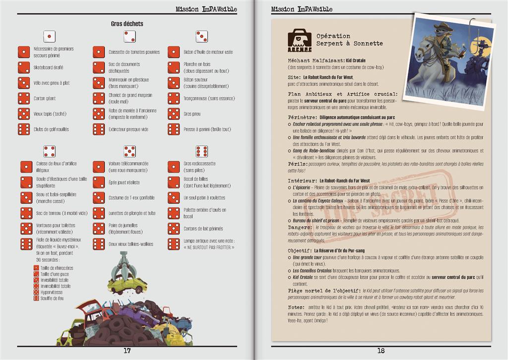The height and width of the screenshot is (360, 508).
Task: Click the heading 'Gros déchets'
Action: [x=127, y=23]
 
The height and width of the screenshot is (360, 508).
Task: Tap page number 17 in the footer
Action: [x=127, y=351]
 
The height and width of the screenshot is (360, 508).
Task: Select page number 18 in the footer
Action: [x=381, y=351]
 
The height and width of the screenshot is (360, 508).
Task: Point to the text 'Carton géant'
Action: [x=45, y=98]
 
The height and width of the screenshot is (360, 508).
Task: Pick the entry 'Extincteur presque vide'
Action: [x=128, y=129]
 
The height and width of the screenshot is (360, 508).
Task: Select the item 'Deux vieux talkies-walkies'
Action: [x=131, y=244]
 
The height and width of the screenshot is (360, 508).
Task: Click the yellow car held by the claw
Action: [x=127, y=284]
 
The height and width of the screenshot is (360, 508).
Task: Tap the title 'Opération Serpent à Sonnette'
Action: [x=349, y=40]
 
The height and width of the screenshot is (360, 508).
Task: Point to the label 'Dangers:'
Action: [x=301, y=227]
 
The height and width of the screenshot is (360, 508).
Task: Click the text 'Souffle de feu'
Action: [x=52, y=298]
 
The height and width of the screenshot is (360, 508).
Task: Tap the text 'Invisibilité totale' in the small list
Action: [x=55, y=280]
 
